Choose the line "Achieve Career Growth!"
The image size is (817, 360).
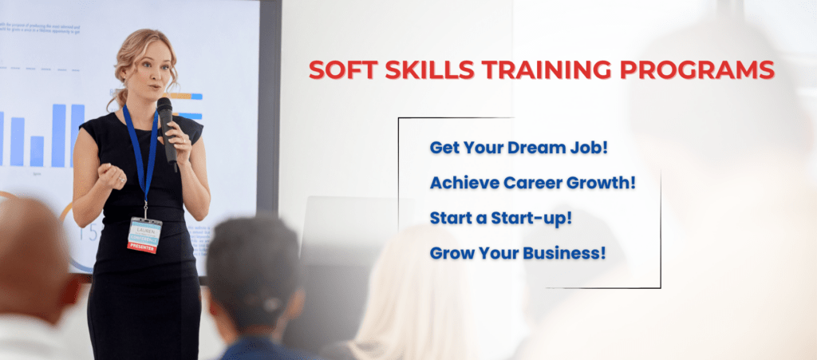533,182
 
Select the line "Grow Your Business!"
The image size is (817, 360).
518,253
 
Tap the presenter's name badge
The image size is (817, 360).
145,234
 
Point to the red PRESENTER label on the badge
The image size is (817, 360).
144,246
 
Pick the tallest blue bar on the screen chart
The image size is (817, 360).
58,135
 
